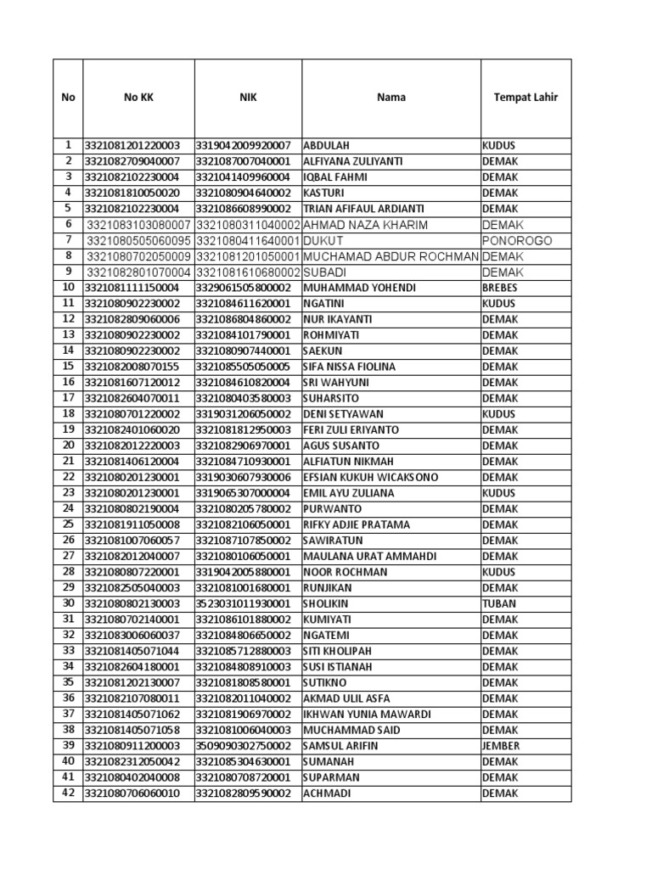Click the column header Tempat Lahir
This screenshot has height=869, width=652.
click(x=526, y=98)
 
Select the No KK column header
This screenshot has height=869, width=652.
click(x=138, y=98)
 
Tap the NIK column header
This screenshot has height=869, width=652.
click(x=248, y=98)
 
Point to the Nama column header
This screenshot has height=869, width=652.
click(x=391, y=98)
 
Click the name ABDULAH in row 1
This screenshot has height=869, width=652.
click(x=326, y=146)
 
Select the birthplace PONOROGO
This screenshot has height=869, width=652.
click(x=516, y=241)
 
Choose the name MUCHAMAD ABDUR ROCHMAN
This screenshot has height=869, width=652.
click(x=391, y=256)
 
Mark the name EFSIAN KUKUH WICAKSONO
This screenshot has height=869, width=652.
click(x=370, y=478)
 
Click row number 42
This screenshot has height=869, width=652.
click(x=68, y=793)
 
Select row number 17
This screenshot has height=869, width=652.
click(x=68, y=398)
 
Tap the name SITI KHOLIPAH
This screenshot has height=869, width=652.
click(x=337, y=652)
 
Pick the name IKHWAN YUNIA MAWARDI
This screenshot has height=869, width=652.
click(x=367, y=715)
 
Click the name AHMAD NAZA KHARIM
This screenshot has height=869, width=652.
click(x=365, y=225)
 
